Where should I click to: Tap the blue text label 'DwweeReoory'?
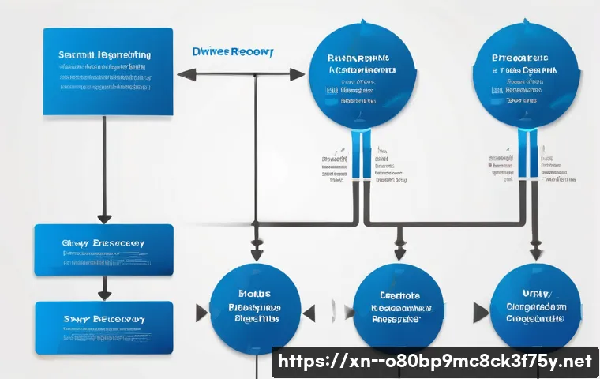(x=233, y=52)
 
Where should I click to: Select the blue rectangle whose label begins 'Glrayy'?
(x=103, y=250)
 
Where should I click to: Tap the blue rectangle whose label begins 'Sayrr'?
(x=103, y=326)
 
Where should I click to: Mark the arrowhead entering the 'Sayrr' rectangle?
(x=103, y=293)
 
